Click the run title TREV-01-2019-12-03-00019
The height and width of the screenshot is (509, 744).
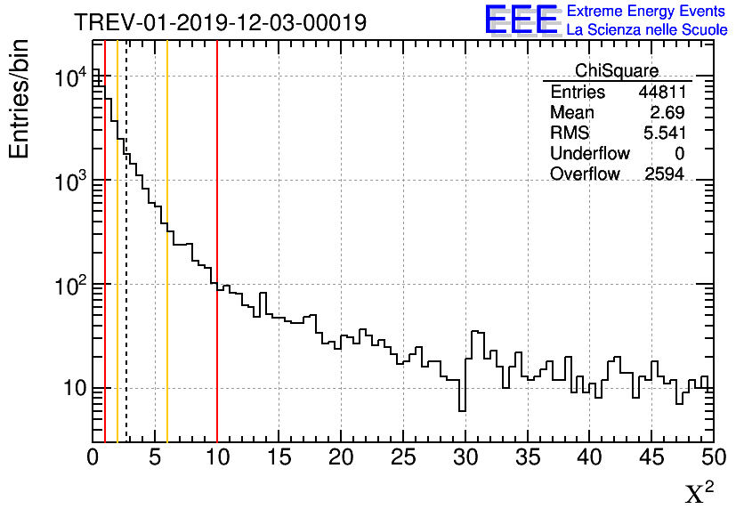pyautogui.click(x=220, y=22)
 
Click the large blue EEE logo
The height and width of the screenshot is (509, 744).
pyautogui.click(x=521, y=20)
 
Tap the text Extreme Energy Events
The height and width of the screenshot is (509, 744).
pyautogui.click(x=647, y=12)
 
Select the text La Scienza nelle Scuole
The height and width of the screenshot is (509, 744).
pyautogui.click(x=647, y=30)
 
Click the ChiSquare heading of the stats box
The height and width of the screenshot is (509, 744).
pyautogui.click(x=617, y=70)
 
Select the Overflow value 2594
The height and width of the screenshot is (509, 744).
pyautogui.click(x=664, y=174)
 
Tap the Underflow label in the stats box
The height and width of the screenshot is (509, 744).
pyautogui.click(x=589, y=153)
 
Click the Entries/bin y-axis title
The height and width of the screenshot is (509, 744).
pyautogui.click(x=19, y=99)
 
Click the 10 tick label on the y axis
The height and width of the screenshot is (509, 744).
pyautogui.click(x=68, y=389)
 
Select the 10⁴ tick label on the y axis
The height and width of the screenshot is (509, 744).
pyautogui.click(x=70, y=78)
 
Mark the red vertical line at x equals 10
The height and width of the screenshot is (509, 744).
pyautogui.click(x=217, y=356)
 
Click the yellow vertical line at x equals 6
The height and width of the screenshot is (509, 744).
pyautogui.click(x=167, y=356)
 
